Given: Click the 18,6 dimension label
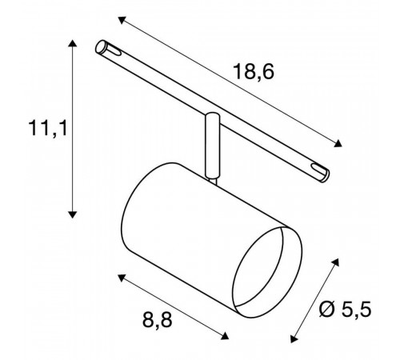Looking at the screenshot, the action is click(254, 72).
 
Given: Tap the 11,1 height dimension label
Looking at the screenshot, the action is click(48, 128).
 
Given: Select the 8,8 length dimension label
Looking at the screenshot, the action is click(158, 320).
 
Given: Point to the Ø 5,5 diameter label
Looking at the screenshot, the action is click(346, 310).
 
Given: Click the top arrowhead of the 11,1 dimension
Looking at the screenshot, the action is click(72, 43).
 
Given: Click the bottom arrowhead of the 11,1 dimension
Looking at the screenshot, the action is click(72, 214).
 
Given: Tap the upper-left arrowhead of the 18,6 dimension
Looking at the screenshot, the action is click(122, 20).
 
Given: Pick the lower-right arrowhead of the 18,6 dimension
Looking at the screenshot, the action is click(338, 143).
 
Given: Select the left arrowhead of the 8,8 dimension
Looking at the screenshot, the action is click(122, 278).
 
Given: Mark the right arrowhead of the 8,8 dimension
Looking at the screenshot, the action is click(225, 336).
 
